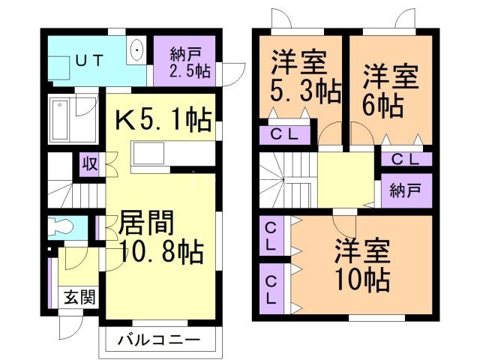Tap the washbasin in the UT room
(137, 52)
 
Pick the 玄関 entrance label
(77, 297)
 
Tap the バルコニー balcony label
(159, 341)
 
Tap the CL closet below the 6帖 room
(406, 158)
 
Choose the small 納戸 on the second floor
(406, 190)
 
